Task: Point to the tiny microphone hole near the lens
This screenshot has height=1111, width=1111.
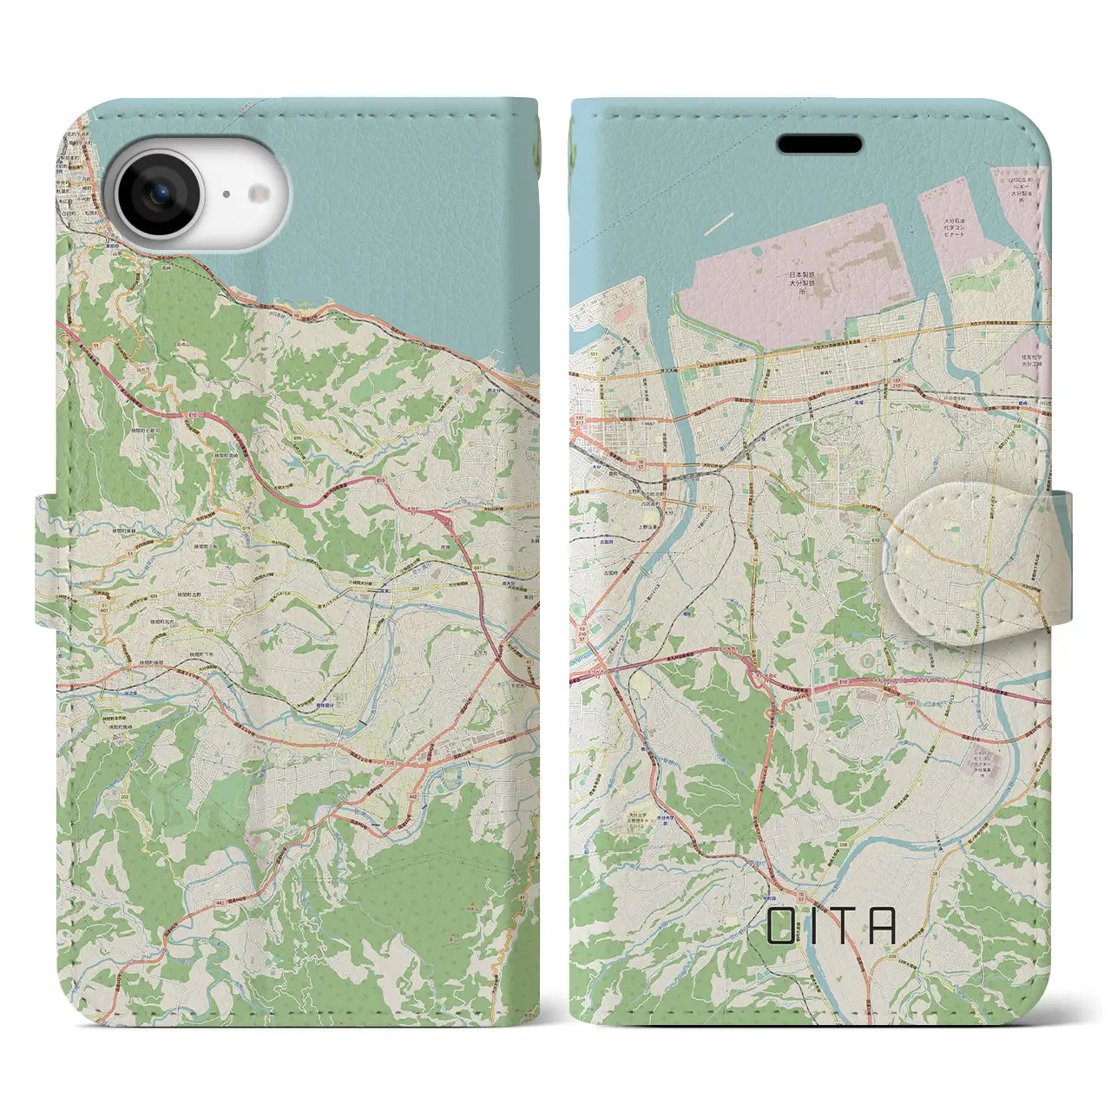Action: tap(224, 196)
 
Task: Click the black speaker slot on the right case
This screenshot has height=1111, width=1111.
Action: tap(818, 144)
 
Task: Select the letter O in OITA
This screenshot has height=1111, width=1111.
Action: tap(780, 926)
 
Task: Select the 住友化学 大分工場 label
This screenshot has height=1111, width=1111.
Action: tap(1034, 355)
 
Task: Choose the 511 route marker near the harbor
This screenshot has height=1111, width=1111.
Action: tap(594, 355)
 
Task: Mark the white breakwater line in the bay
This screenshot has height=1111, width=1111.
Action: tap(720, 223)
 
